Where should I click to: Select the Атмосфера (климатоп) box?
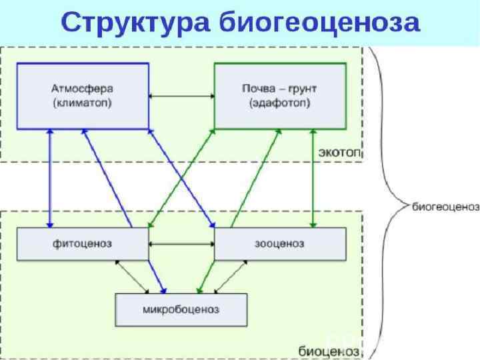coord(81,96)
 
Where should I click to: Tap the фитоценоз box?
coord(81,244)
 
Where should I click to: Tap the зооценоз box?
coord(280,244)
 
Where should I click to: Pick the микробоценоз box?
coord(181,310)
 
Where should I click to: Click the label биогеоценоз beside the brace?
coord(445,207)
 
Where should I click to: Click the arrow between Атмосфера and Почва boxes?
coord(181,97)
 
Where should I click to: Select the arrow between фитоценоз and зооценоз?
coord(181,245)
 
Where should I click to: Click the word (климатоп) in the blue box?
coord(81,104)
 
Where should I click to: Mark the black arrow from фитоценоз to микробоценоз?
coord(132,276)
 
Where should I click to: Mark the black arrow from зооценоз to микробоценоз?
coord(230,276)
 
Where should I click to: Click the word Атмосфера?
coord(81,89)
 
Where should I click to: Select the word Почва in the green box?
coord(257,89)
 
